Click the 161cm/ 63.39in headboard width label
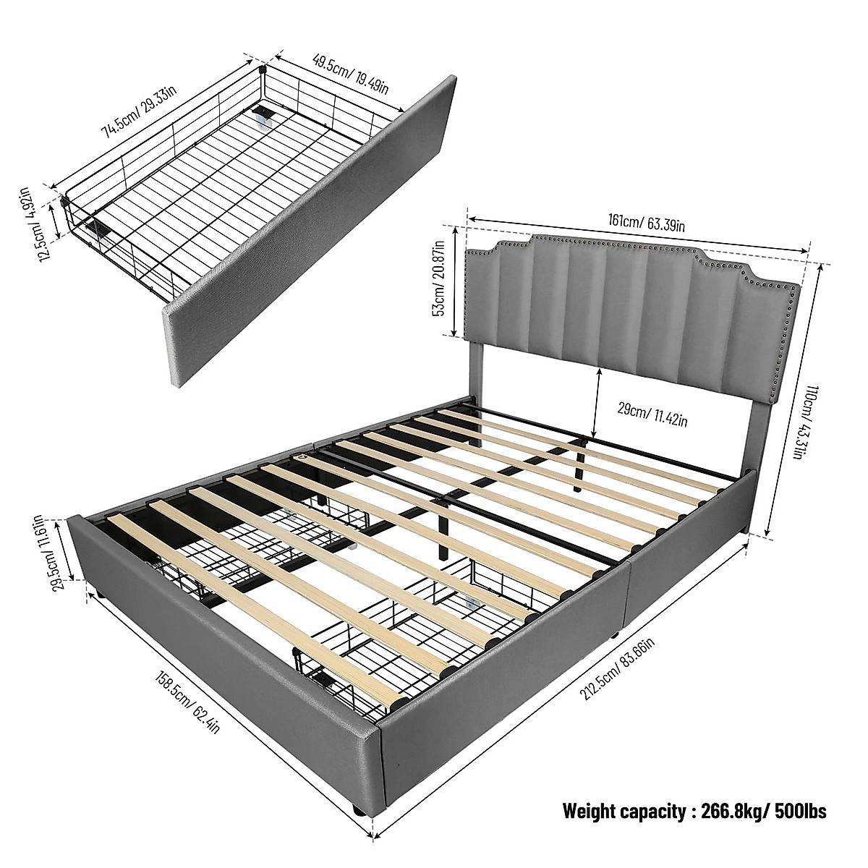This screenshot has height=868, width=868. pyautogui.click(x=637, y=222)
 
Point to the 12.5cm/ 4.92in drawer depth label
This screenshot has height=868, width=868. pyautogui.click(x=32, y=224)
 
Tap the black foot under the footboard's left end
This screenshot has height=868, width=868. pyautogui.click(x=106, y=597)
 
